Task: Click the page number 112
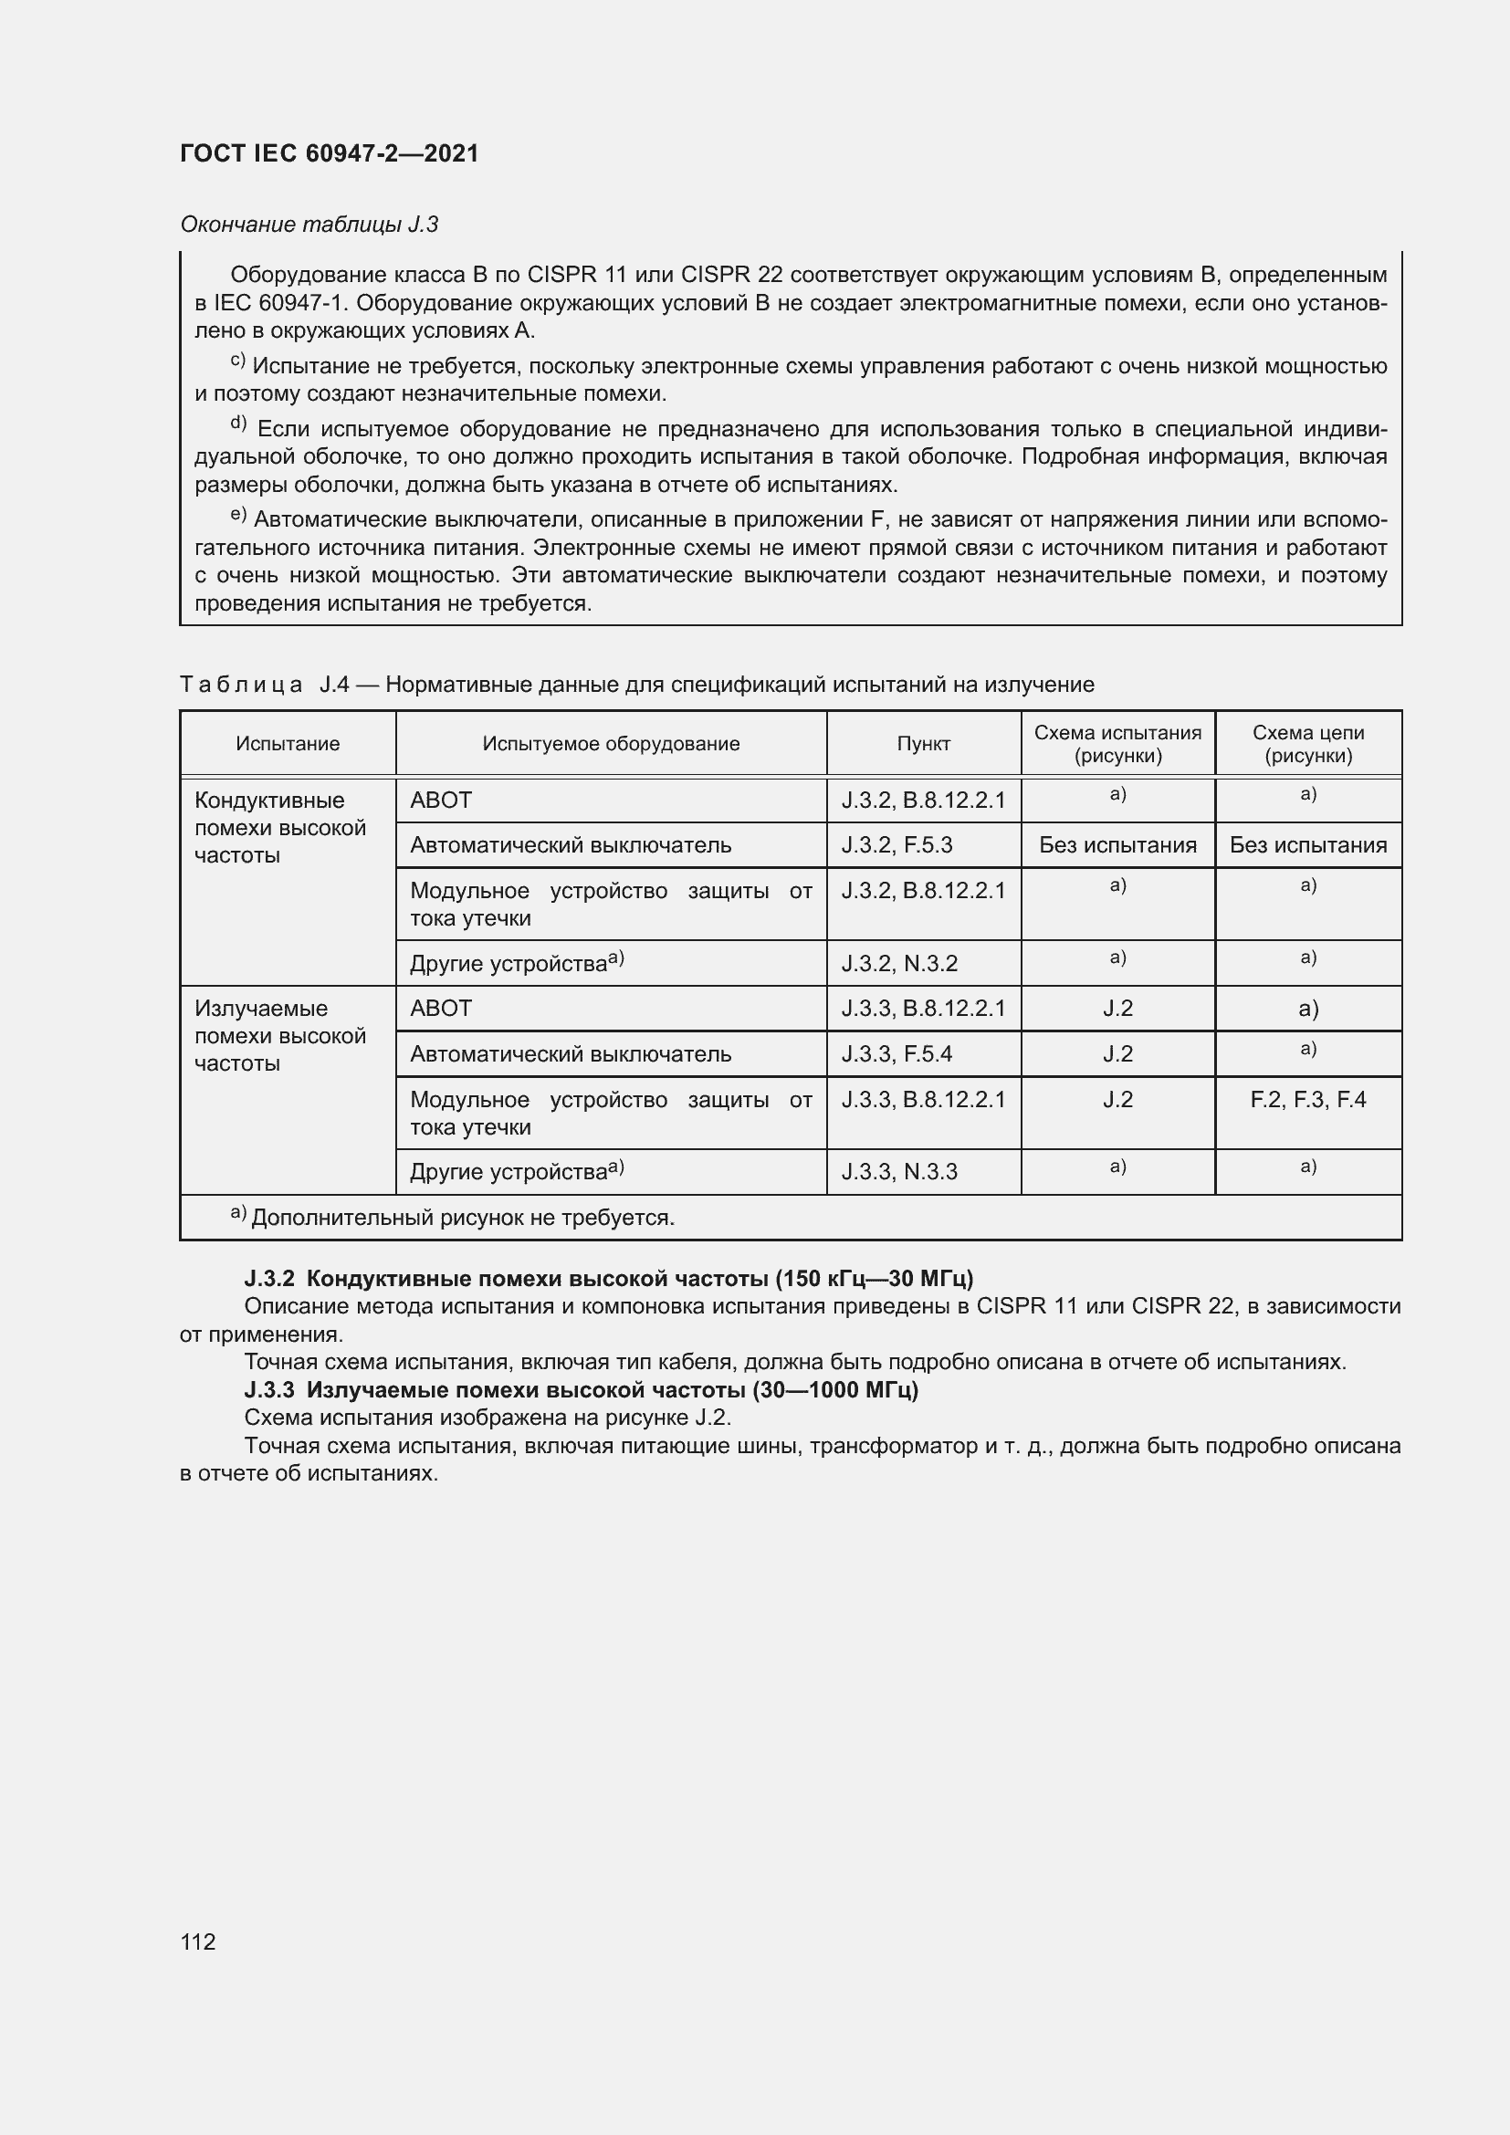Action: [198, 1941]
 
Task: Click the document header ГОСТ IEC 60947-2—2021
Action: [330, 153]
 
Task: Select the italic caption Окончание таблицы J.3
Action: [309, 225]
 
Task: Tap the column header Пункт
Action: [923, 744]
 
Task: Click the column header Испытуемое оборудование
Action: [611, 744]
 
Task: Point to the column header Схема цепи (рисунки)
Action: [1307, 744]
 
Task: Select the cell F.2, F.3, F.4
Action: [1307, 1100]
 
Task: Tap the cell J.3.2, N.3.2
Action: [899, 963]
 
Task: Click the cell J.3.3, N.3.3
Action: [899, 1172]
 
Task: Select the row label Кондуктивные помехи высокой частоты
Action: [280, 828]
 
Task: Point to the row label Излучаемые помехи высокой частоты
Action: [280, 1036]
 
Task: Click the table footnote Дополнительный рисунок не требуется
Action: [462, 1219]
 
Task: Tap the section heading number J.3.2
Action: [268, 1279]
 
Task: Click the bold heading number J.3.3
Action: [268, 1390]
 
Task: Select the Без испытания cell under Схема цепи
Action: [1307, 845]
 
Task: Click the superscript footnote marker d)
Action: [238, 424]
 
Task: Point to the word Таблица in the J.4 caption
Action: [241, 686]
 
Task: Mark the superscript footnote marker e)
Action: [238, 515]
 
